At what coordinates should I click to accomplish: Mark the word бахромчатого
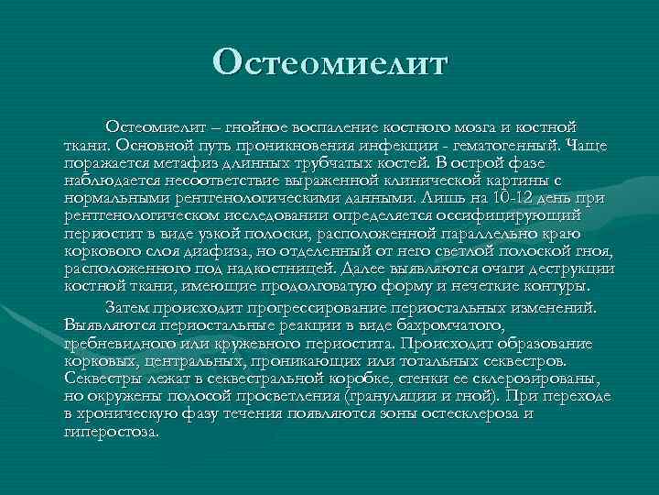pos(448,324)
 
